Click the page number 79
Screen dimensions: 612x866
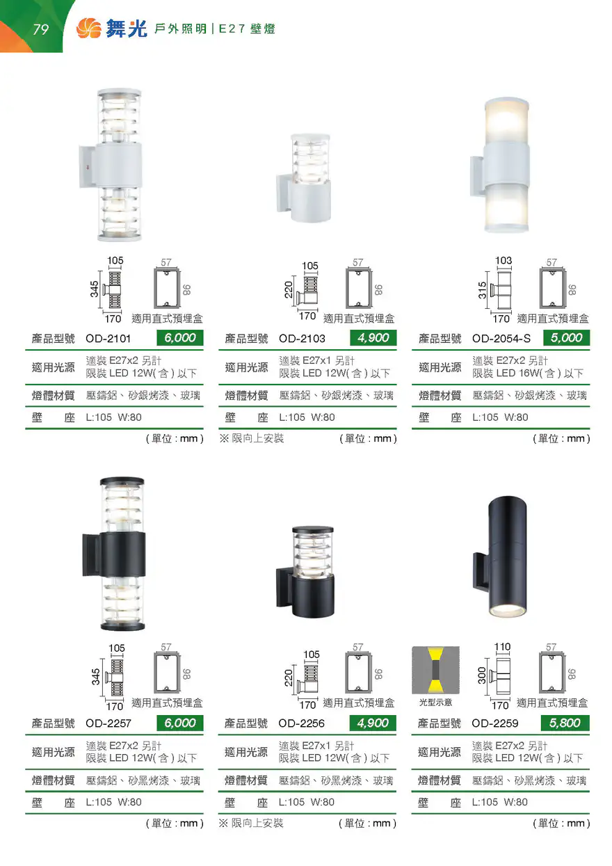point(40,29)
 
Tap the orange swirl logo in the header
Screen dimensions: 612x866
point(89,29)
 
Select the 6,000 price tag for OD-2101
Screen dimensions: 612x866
point(180,338)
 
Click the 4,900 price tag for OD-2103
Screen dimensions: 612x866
point(373,338)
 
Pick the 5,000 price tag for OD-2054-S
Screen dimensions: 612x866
point(566,338)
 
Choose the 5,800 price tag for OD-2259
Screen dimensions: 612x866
point(565,723)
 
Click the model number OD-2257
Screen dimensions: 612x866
point(108,723)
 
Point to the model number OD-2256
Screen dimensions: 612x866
point(302,723)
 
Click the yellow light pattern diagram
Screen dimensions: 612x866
point(436,670)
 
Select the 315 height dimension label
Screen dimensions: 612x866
point(482,290)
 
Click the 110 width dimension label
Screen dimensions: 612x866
point(502,646)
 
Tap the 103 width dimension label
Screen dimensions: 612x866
point(504,261)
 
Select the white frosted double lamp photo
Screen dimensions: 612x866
point(499,165)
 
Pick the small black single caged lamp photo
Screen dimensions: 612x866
point(305,572)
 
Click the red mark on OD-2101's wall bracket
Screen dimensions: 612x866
point(88,167)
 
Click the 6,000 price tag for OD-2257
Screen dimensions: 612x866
point(180,723)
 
